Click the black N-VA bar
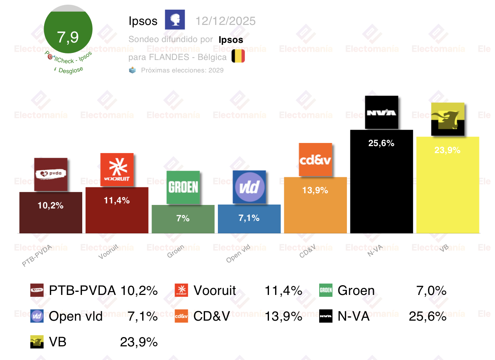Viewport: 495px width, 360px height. point(382,187)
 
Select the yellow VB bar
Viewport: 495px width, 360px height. point(447,191)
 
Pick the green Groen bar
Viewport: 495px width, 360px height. point(183,224)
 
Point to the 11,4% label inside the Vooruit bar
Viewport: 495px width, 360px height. point(117,201)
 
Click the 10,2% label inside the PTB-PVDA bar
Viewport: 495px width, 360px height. point(51,205)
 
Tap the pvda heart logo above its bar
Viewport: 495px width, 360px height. point(51,174)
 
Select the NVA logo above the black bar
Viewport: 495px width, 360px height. point(382,113)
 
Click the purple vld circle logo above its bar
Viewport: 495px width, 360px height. point(249,187)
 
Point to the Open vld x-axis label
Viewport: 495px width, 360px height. point(238,255)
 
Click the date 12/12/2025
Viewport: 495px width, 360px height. point(226,21)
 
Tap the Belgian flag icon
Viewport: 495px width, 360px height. point(238,56)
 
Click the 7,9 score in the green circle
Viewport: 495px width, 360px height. point(68,37)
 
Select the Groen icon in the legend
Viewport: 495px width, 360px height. point(326,290)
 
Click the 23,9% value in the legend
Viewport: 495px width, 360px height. point(139,342)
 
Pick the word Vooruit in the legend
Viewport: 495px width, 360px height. point(215,291)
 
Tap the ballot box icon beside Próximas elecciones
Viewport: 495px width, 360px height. point(133,70)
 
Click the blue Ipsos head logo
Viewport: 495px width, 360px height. point(175,20)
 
